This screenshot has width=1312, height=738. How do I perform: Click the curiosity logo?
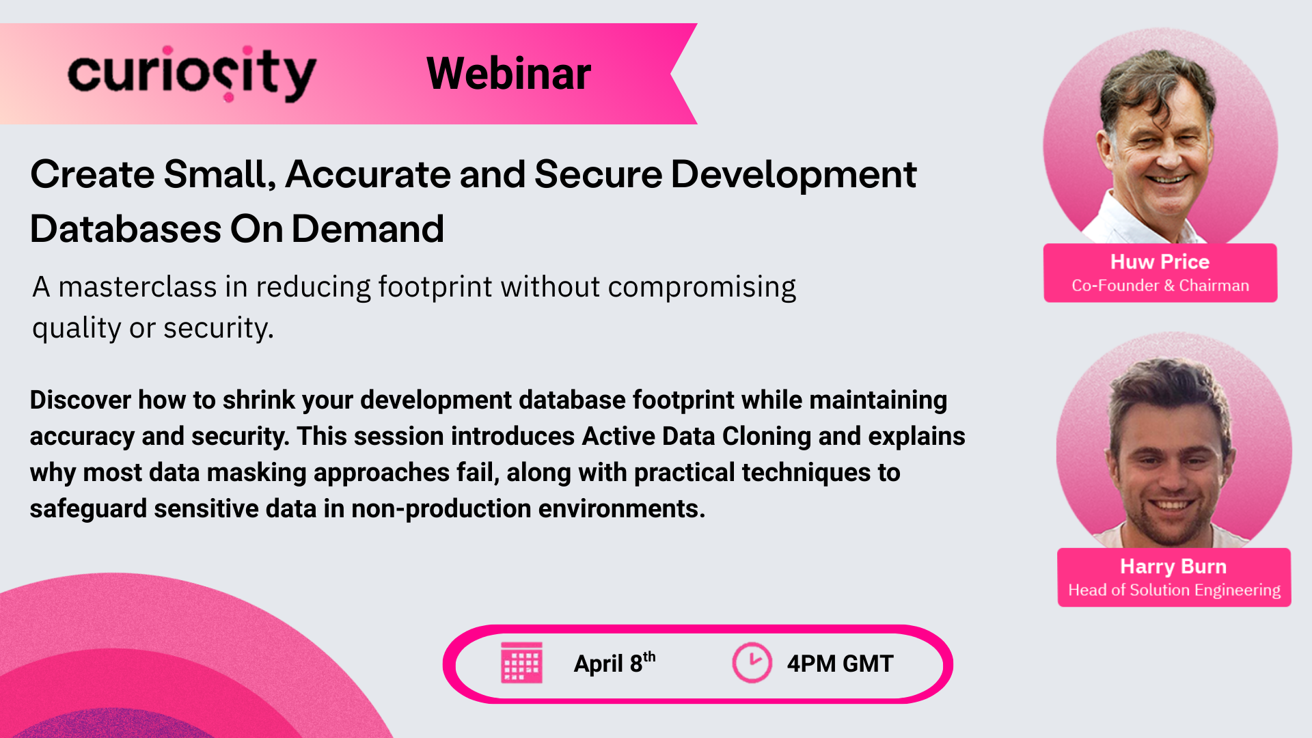coord(191,74)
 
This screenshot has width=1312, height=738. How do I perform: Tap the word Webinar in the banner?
coord(508,74)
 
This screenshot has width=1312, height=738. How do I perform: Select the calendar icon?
coord(521,662)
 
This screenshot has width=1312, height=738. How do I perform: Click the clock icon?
coord(752,662)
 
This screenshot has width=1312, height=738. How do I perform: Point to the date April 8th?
coord(614,663)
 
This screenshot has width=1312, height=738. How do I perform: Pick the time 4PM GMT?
coord(840,664)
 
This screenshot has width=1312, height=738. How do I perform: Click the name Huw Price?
coord(1160,262)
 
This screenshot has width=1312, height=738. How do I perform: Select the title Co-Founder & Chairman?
coord(1160,286)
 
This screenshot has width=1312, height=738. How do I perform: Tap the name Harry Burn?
coord(1173,566)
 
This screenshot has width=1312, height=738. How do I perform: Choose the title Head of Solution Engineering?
coord(1174,590)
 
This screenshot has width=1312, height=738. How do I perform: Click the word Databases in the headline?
coord(125,229)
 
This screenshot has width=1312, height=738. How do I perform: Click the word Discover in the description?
coord(80,400)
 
